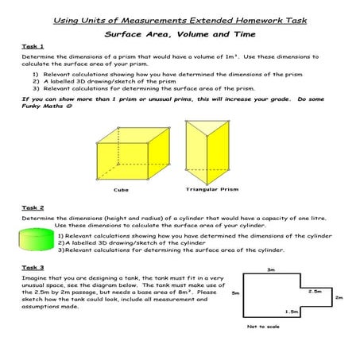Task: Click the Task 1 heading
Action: [33, 47]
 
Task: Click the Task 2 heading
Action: [33, 208]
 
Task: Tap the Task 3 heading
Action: [33, 268]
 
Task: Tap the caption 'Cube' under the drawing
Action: [121, 191]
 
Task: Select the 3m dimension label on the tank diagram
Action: [271, 269]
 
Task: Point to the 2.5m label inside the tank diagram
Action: [315, 291]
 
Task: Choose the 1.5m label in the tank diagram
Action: [292, 312]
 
